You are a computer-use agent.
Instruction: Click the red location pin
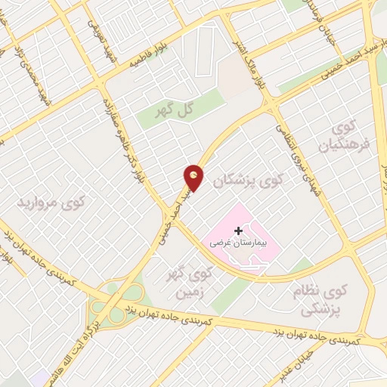(x=194, y=177)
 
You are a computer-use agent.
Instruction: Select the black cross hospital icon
(x=239, y=231)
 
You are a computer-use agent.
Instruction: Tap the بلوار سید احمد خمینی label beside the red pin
(x=172, y=215)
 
